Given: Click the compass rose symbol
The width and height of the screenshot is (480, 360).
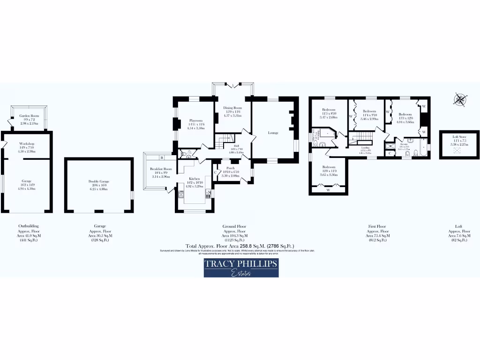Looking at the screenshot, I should point(461,99).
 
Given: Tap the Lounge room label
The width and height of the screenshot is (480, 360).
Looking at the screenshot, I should point(273,133).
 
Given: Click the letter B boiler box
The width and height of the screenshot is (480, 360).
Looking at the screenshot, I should point(161,157).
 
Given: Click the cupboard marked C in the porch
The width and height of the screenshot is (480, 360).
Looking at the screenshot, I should point(215,172).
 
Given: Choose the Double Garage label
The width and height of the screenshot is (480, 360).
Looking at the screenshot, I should point(98,183).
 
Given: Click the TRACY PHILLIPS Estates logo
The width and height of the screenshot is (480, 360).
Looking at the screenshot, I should point(241,268).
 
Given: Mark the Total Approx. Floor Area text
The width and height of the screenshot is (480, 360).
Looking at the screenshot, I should point(240,246).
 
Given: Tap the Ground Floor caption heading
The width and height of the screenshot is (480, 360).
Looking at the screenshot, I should point(234,226).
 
